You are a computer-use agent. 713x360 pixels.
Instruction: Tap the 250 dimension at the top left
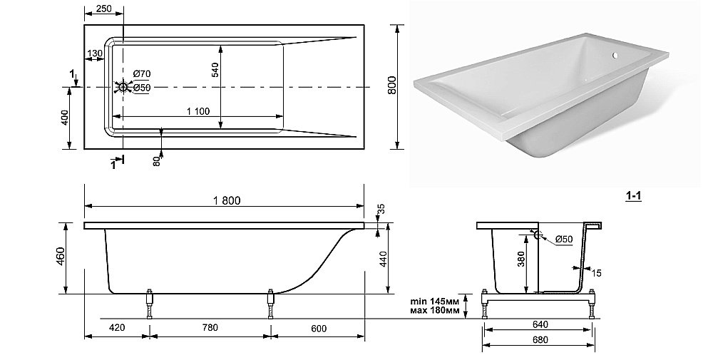tap(103, 9)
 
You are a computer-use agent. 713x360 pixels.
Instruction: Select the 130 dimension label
tap(95, 53)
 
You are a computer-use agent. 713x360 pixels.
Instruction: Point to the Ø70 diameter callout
tap(141, 73)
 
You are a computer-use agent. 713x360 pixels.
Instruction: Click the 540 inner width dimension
tap(215, 70)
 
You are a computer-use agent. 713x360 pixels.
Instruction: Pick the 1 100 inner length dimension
tap(198, 111)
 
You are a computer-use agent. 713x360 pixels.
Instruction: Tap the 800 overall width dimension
tap(392, 85)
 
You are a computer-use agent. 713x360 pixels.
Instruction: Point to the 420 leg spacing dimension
tap(117, 327)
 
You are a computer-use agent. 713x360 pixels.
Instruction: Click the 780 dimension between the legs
tap(210, 327)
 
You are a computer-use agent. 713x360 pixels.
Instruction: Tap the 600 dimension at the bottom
tap(319, 328)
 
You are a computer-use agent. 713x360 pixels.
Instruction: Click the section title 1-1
tap(633, 196)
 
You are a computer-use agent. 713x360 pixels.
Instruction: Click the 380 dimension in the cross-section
tap(521, 259)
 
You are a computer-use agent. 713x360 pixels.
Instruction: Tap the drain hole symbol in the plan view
tap(123, 87)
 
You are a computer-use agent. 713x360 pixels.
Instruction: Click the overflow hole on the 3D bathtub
tap(615, 56)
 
